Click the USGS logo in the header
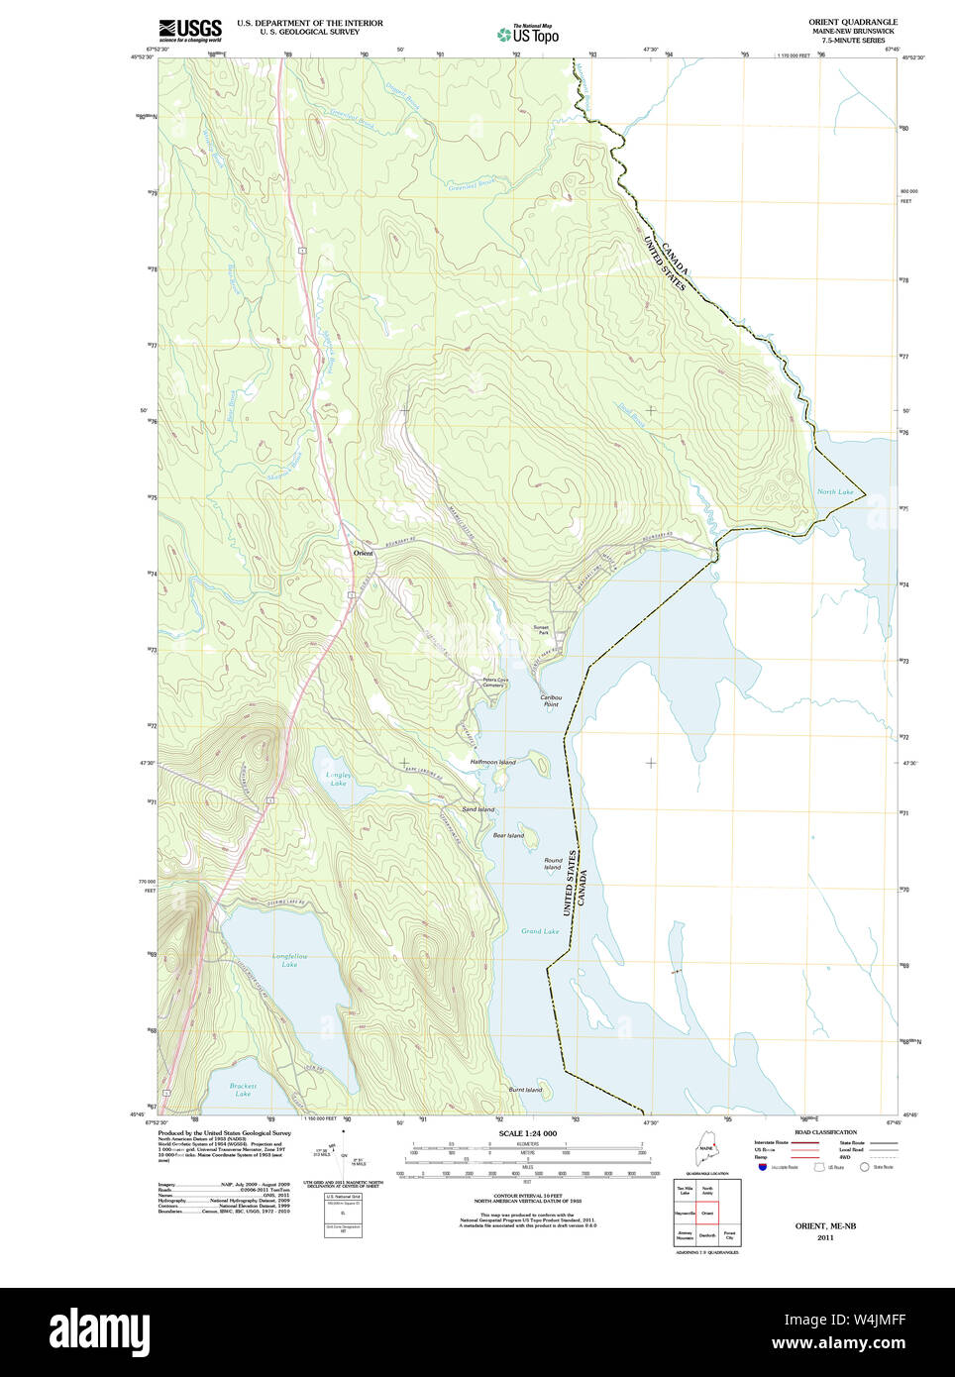pos(190,30)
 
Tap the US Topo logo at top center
pos(529,35)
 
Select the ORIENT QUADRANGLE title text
pos(852,22)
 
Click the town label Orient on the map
pos(364,553)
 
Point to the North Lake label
pos(835,491)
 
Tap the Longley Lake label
pos(339,779)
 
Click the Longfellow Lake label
pos(289,960)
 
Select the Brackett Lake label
pos(243,1090)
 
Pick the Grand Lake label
pos(540,931)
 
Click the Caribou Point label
pos(551,700)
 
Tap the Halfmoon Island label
pos(492,762)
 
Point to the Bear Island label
pos(508,835)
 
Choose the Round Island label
pos(553,864)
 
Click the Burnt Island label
pos(525,1090)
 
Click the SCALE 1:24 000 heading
pos(527,1133)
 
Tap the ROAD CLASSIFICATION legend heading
pos(825,1132)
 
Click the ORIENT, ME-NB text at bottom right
pos(825,1225)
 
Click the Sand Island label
pos(478,809)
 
